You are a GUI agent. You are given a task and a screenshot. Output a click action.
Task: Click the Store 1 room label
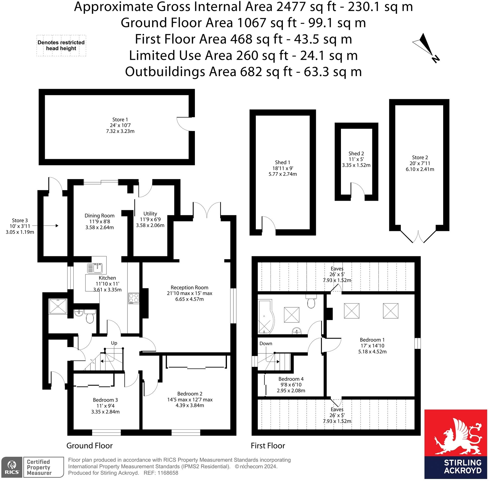pyautogui.click(x=120, y=125)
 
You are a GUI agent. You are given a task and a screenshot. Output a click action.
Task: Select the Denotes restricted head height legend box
pyautogui.click(x=61, y=46)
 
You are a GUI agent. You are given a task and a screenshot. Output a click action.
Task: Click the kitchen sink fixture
pyautogui.click(x=95, y=268)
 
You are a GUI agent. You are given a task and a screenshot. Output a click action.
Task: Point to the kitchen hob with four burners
pyautogui.click(x=134, y=298)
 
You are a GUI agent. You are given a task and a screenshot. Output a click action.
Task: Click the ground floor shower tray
pyautogui.click(x=58, y=307)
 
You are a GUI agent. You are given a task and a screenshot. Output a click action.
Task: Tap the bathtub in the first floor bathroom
pyautogui.click(x=265, y=317)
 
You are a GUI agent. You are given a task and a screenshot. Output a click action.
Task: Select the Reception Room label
pyautogui.click(x=189, y=293)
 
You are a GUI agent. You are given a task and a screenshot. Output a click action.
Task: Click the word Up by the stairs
pyautogui.click(x=114, y=343)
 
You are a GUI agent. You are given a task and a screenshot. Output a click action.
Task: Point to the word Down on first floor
pyautogui.click(x=266, y=344)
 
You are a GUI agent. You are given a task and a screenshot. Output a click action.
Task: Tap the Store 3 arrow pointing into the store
pyautogui.click(x=45, y=225)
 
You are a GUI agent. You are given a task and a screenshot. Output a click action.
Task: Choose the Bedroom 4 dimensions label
pyautogui.click(x=291, y=385)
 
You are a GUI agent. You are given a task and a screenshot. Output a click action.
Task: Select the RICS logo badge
pyautogui.click(x=12, y=467)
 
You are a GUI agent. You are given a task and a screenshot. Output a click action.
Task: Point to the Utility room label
pyautogui.click(x=150, y=219)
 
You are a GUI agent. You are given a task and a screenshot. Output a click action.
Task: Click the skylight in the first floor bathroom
pyautogui.click(x=292, y=315)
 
